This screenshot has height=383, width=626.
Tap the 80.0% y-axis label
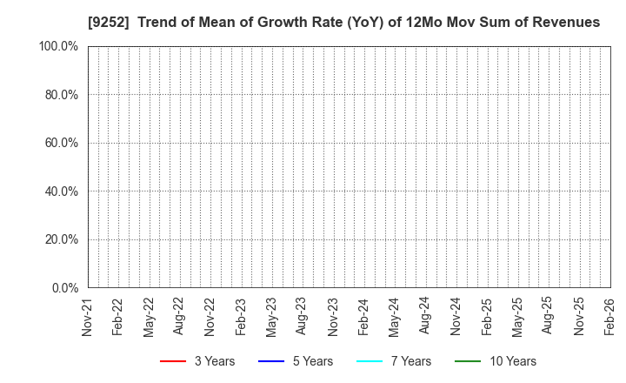pos(60,94)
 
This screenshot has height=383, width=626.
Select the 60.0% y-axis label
pos(60,143)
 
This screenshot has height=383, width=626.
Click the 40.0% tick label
pos(60,191)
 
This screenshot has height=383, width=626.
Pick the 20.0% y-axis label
pos(60,239)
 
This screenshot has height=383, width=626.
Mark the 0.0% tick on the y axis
pos(63,287)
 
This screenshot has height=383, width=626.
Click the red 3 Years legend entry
pos(197,361)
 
